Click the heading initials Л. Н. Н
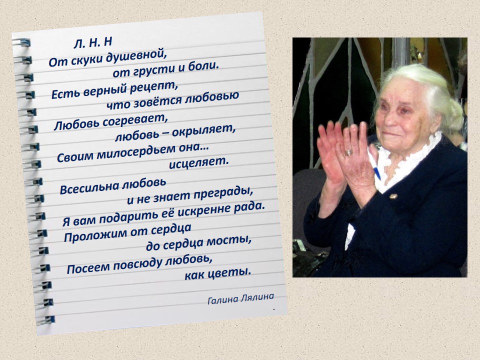pos(93,42)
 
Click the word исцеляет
pos(199,162)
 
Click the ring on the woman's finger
pos(348,152)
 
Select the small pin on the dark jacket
pos(393,196)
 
